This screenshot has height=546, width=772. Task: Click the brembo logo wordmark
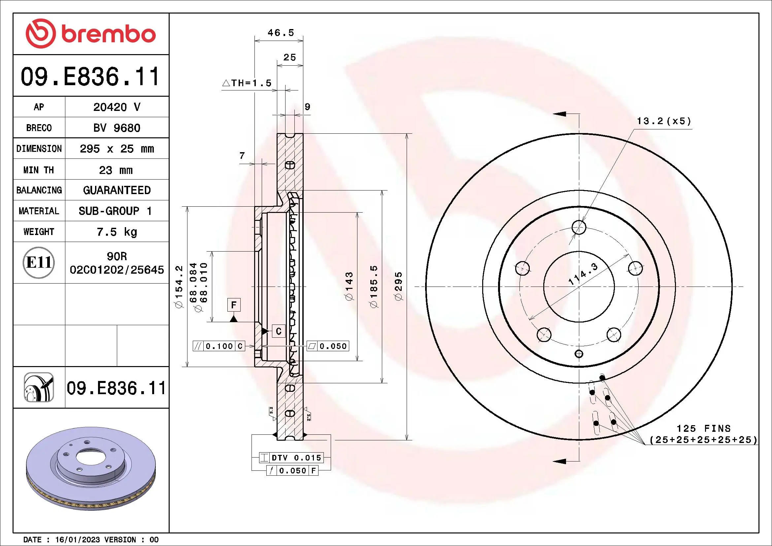[108, 34]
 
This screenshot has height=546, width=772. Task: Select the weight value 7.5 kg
[117, 232]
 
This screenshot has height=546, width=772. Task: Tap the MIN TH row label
[39, 170]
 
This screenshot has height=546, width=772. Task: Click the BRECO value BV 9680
[117, 128]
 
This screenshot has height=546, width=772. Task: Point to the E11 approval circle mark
[39, 262]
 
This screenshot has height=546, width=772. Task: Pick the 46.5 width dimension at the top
[281, 33]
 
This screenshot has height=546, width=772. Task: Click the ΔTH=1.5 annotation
[247, 83]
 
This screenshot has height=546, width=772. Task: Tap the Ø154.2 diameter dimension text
[179, 287]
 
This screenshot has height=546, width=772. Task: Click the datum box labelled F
[234, 305]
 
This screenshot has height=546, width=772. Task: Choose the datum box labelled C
[279, 331]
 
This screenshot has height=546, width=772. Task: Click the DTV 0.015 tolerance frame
[291, 458]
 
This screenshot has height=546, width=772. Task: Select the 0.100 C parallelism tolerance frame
[219, 346]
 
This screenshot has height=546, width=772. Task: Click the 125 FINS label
[703, 428]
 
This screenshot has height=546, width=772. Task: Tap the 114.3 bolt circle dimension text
[583, 274]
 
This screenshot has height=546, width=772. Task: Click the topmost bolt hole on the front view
[579, 227]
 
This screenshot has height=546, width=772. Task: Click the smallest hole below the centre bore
[579, 354]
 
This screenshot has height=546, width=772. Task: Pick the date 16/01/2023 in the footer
[77, 540]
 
